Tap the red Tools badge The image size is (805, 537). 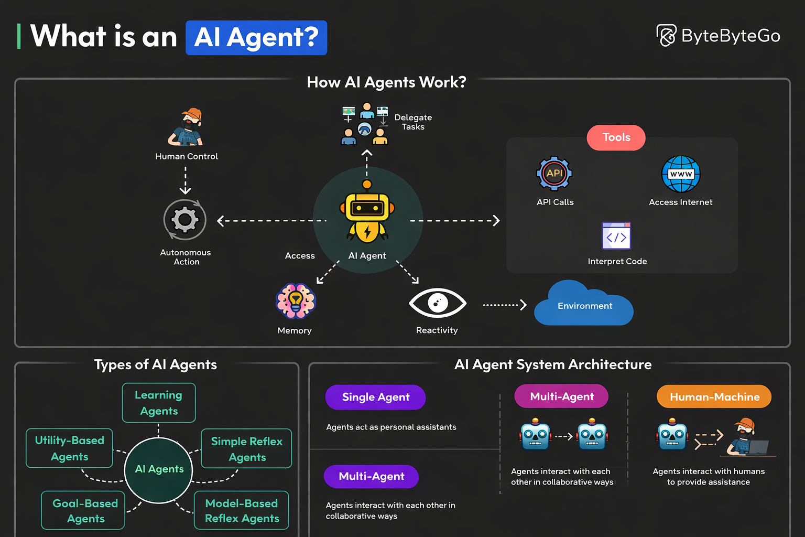click(x=616, y=137)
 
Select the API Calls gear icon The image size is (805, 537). click(x=554, y=174)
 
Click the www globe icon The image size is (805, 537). click(x=681, y=174)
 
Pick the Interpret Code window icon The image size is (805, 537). click(x=616, y=236)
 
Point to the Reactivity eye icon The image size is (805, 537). click(x=437, y=303)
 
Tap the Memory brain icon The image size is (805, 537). click(x=296, y=301)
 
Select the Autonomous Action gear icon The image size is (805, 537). click(x=185, y=219)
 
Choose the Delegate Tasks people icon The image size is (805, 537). click(x=365, y=124)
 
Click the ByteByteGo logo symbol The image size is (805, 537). click(x=667, y=36)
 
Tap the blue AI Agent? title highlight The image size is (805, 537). click(x=256, y=38)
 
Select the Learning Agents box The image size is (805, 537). click(x=159, y=403)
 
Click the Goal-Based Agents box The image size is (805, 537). click(x=83, y=510)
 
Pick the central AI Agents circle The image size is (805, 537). click(x=159, y=469)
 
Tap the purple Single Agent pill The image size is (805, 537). click(x=375, y=398)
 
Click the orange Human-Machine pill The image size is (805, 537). click(x=714, y=397)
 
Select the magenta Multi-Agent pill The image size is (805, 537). click(x=561, y=396)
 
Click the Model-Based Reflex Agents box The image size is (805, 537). click(x=242, y=510)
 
